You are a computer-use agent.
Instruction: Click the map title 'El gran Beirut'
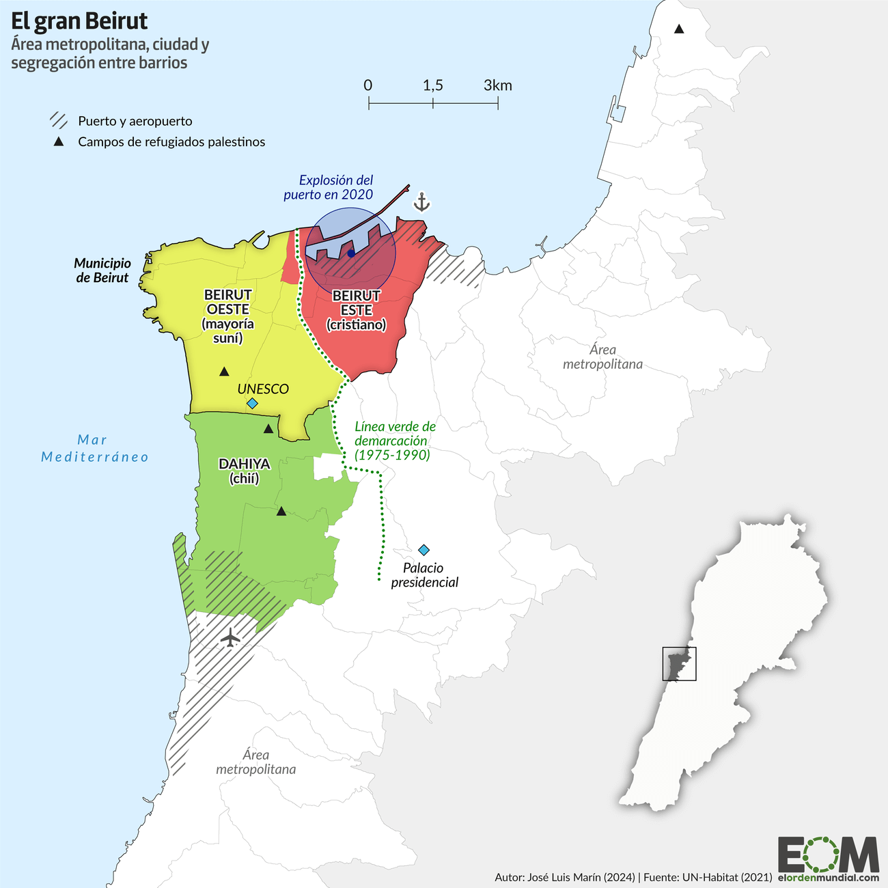[x=79, y=21]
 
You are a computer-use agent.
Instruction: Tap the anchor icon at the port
[x=422, y=202]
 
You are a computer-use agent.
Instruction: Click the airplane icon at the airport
[x=231, y=638]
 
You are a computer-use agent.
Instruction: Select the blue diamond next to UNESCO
[x=252, y=404]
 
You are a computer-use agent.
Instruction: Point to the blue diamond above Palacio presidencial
[x=424, y=550]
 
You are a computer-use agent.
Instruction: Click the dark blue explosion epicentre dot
[x=350, y=253]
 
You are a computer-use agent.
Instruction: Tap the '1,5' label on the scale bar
[x=432, y=85]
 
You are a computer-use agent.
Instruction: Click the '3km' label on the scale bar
[x=497, y=85]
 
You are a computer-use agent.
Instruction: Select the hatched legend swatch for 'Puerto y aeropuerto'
[x=59, y=121]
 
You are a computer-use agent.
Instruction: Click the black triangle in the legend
[x=59, y=142]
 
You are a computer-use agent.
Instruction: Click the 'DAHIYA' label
[x=244, y=464]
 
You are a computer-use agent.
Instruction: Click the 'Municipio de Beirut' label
[x=102, y=270]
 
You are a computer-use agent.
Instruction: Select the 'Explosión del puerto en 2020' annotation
[x=329, y=187]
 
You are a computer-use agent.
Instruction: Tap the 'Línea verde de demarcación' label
[x=394, y=441]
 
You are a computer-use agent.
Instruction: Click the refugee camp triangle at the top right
[x=679, y=29]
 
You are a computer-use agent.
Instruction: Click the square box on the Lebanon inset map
[x=679, y=663]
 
